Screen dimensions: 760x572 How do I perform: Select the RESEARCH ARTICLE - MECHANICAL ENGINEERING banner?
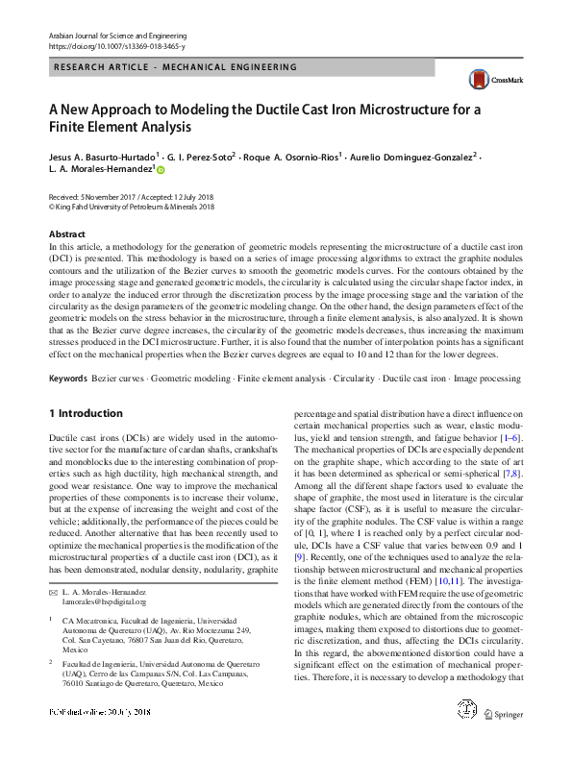tap(176, 68)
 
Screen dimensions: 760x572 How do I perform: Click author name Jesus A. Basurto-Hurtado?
tap(101, 156)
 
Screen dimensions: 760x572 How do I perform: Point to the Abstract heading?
tap(66, 234)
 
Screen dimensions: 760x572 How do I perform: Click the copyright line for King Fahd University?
tap(130, 206)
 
